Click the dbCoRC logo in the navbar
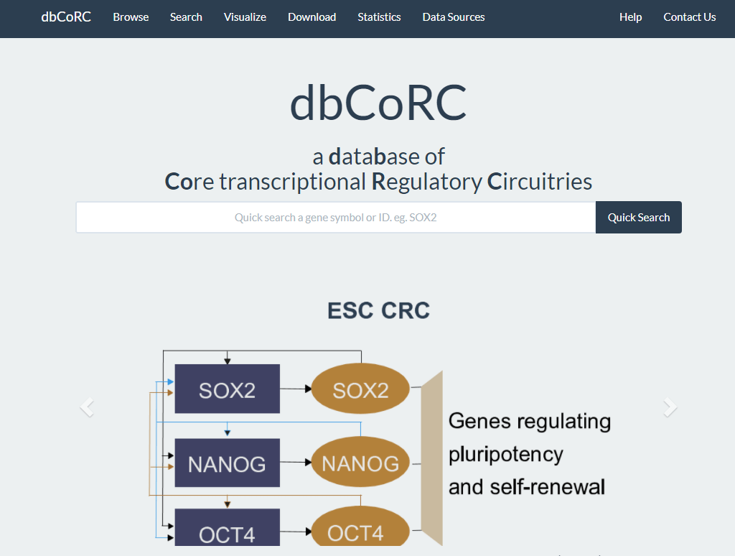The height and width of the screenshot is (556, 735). tap(66, 17)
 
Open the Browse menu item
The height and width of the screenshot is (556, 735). tap(131, 17)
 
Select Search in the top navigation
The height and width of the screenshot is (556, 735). tap(186, 17)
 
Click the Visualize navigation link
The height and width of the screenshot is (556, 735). tap(245, 17)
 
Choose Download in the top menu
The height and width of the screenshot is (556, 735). tap(312, 17)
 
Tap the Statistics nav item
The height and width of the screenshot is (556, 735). tap(379, 17)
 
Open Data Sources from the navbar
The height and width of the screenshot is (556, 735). tap(454, 17)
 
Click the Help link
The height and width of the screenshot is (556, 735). tap(630, 17)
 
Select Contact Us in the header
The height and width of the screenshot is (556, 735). tap(690, 17)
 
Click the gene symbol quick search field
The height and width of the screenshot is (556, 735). tap(336, 217)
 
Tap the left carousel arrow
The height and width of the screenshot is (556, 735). tap(87, 407)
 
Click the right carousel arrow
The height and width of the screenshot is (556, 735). tap(670, 407)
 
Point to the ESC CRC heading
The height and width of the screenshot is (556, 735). tap(378, 310)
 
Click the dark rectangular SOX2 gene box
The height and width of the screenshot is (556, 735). tap(228, 389)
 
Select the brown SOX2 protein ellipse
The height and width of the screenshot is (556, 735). tap(360, 389)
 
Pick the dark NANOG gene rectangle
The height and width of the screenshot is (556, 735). tap(228, 463)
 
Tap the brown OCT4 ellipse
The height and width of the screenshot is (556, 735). tap(360, 527)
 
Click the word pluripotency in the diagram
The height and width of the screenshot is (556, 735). tap(506, 455)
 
